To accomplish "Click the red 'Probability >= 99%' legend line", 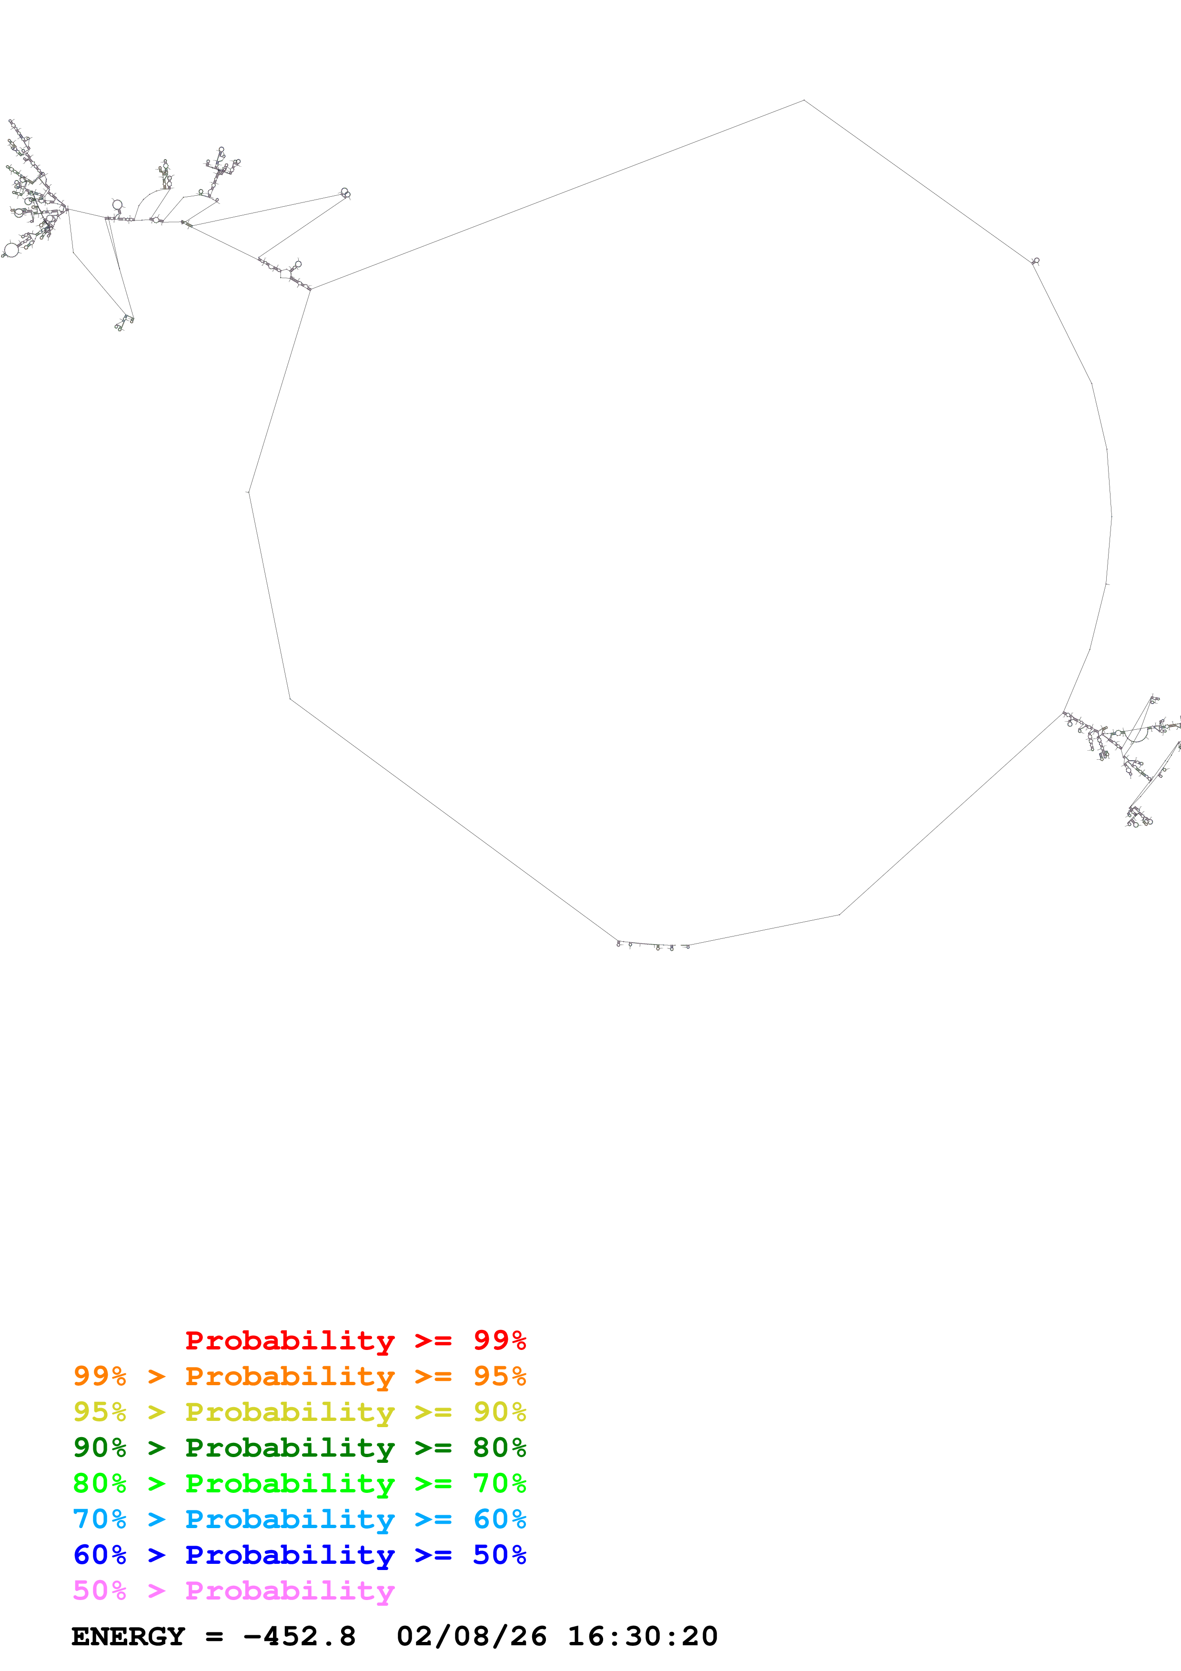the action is tap(355, 1340).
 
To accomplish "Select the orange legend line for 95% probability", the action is tap(299, 1376).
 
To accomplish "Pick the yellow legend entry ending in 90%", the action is tap(299, 1412).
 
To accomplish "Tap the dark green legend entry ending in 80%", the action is tap(299, 1448).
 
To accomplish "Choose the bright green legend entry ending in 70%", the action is tap(299, 1483).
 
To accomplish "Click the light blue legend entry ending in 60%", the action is tap(299, 1519).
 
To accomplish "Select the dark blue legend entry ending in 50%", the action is tap(299, 1555).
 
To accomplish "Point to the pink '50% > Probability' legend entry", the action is tap(233, 1590).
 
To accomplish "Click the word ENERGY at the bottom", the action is tap(128, 1637).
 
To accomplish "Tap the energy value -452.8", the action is tap(300, 1637).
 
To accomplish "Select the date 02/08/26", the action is tap(472, 1637).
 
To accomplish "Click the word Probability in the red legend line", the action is tap(290, 1340).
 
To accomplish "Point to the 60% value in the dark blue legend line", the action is tap(100, 1555).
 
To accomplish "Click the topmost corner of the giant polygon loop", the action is tap(803, 101).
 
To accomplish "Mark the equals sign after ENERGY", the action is tap(214, 1637).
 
